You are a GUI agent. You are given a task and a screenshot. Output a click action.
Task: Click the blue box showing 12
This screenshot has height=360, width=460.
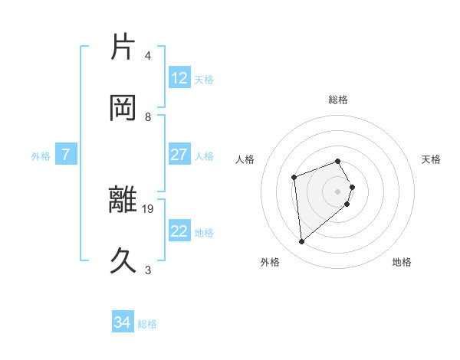point(179,78)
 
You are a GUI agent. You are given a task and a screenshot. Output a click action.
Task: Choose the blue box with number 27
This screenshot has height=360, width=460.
point(179,155)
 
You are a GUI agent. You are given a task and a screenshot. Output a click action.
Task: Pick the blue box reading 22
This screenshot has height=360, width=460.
point(179,231)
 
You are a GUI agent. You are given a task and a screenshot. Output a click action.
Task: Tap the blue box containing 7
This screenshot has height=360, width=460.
point(66,155)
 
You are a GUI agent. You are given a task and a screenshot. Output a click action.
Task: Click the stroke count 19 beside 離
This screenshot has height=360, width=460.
point(149,208)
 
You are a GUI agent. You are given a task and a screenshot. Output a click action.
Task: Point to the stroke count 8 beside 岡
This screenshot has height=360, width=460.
point(148,116)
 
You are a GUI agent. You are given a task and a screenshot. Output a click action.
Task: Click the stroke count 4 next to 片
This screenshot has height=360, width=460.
point(148,55)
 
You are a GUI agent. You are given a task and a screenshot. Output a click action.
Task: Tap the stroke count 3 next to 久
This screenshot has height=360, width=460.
point(148,270)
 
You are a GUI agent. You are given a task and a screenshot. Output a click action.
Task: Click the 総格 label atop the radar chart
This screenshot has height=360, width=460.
point(338,100)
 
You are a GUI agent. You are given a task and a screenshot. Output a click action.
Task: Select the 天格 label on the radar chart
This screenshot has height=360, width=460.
point(431,159)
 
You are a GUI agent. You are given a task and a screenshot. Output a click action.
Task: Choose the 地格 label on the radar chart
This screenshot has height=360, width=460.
point(402,262)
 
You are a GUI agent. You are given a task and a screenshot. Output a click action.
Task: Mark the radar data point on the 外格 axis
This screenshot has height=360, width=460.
point(302,242)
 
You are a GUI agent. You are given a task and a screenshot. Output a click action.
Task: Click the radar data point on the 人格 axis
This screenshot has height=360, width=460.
point(294,178)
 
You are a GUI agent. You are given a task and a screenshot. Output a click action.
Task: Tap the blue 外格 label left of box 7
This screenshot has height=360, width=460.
point(41,156)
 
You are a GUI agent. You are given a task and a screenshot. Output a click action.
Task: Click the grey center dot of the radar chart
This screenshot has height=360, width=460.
point(338,191)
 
